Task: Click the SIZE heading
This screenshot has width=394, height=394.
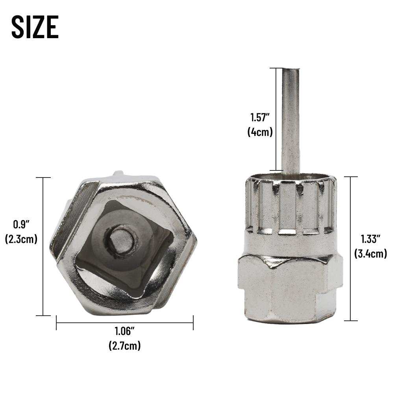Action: point(35,27)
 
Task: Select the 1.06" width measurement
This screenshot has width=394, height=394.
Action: point(124,332)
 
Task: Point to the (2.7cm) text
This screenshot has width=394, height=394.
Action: point(124,346)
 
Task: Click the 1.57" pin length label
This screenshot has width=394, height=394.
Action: point(260,117)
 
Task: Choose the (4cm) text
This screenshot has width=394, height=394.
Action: point(260,132)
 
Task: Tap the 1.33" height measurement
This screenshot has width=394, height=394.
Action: point(370,239)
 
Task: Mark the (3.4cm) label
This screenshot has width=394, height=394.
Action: point(370,253)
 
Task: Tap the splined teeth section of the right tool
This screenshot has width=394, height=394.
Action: point(290,205)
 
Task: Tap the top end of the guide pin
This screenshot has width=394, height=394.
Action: point(290,71)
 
